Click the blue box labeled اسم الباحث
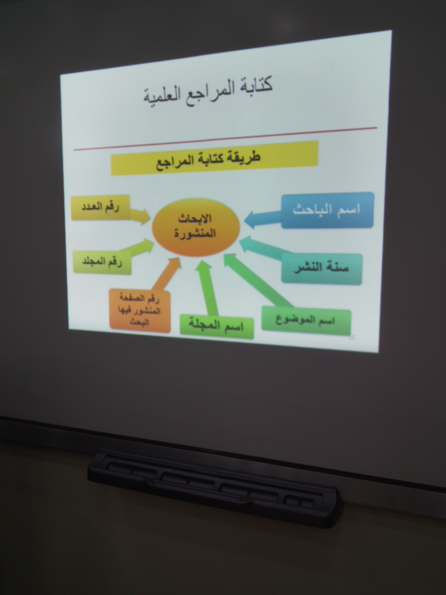[x=328, y=210]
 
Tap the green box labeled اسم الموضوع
[x=306, y=321]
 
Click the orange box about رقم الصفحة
[x=140, y=311]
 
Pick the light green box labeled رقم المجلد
[x=102, y=262]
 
